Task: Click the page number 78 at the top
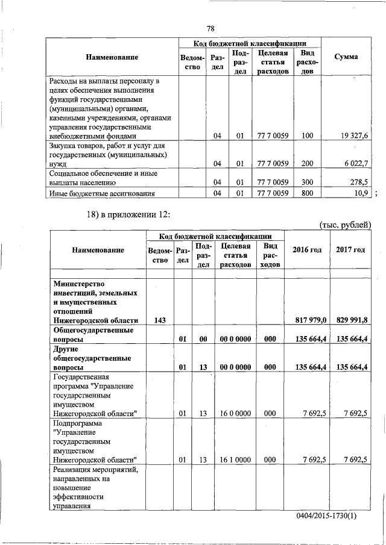click(x=210, y=28)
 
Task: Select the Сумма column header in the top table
click(x=346, y=57)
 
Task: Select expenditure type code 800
click(x=307, y=193)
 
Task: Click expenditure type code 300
click(x=307, y=182)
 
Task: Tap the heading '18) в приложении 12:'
click(x=130, y=216)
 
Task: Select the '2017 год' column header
click(x=350, y=249)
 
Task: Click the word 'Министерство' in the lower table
click(x=79, y=284)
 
